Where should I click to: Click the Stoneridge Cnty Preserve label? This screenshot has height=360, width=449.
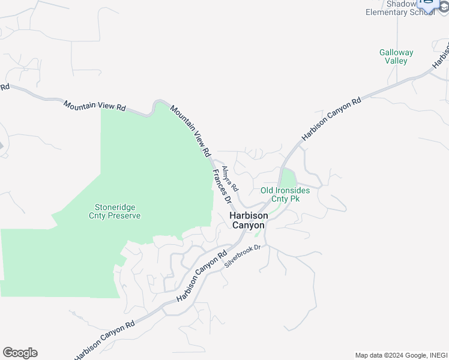(115, 211)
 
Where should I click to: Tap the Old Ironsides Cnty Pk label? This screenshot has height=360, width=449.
(285, 194)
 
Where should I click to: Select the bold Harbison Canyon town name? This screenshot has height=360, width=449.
(248, 220)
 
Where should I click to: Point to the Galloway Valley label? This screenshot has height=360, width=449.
(396, 56)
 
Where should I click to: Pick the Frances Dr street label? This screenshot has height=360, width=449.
(220, 188)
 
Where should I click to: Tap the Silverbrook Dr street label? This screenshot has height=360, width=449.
(244, 256)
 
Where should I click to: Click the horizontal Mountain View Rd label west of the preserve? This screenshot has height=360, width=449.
(95, 106)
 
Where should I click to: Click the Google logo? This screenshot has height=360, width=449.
(20, 353)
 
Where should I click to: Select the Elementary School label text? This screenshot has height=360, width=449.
(400, 12)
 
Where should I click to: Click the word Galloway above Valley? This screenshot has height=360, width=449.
(396, 52)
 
